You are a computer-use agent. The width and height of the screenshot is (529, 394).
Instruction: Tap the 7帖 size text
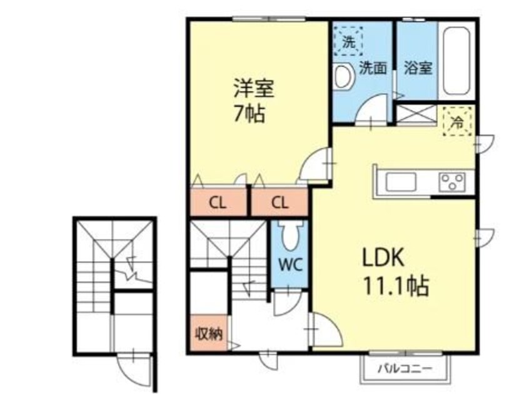(x=248, y=114)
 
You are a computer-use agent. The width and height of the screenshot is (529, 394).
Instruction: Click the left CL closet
(x=218, y=202)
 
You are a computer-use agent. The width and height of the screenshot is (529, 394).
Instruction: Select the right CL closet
(x=280, y=202)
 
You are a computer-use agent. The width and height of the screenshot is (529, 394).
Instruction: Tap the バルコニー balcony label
(x=405, y=369)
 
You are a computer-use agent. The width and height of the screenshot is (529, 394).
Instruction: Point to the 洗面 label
(x=372, y=68)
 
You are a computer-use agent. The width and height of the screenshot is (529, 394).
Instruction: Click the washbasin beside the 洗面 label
(x=342, y=77)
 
